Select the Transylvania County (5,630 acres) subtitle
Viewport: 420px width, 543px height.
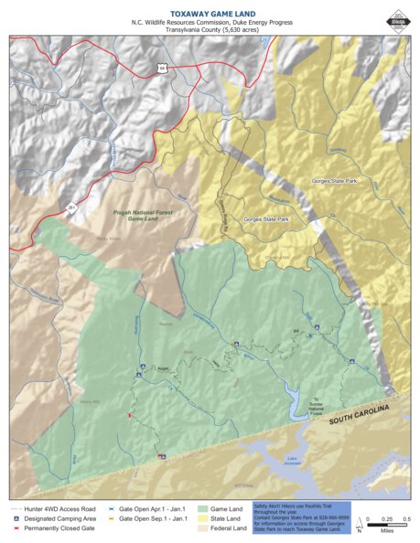[210, 29]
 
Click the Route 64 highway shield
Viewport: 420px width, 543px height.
[161, 68]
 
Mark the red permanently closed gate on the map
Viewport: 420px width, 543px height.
[129, 416]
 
